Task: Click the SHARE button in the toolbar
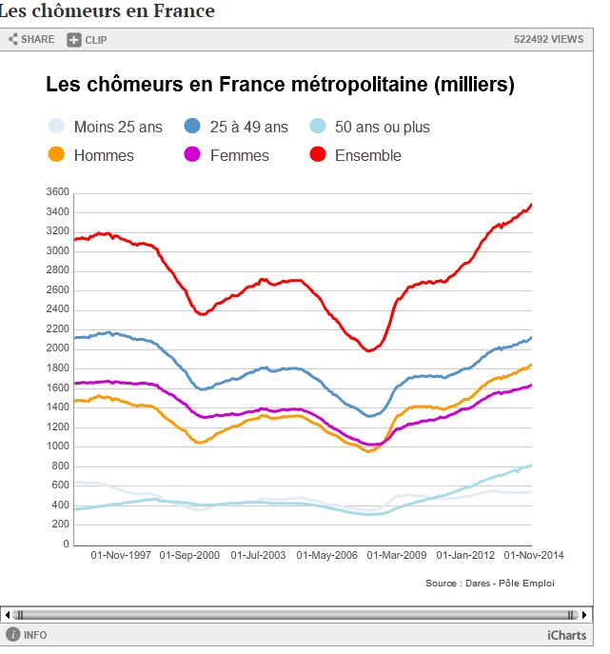(31, 39)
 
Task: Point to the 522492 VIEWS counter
(548, 39)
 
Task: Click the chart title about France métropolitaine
(280, 85)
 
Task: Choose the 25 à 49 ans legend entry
(237, 127)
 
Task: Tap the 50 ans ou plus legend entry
(370, 127)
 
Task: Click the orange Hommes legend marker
(56, 155)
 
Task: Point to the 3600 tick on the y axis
(57, 191)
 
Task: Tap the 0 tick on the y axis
(66, 545)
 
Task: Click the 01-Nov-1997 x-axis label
(121, 554)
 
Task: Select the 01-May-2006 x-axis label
(328, 554)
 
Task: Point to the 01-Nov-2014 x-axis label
(535, 554)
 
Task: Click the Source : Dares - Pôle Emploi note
(489, 583)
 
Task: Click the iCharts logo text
(566, 635)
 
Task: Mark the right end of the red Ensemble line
(531, 204)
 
